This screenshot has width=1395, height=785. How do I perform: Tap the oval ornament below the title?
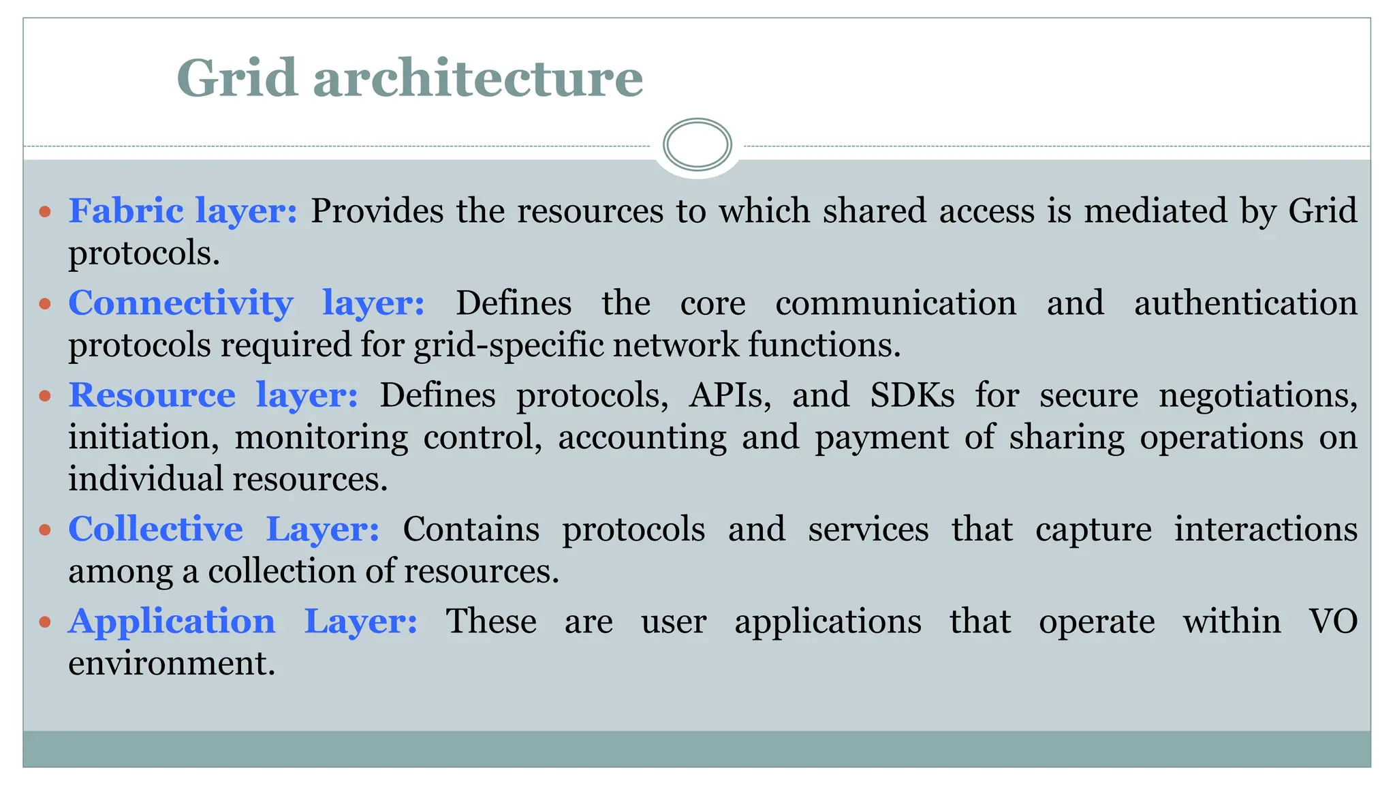(697, 144)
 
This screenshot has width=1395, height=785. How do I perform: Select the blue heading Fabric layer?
(183, 211)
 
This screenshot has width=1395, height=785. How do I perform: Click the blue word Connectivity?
(181, 303)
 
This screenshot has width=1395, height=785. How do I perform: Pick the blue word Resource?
(152, 395)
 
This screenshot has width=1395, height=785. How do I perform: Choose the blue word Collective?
(155, 529)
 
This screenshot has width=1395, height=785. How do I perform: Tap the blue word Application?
(172, 621)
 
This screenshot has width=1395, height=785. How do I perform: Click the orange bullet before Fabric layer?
(46, 212)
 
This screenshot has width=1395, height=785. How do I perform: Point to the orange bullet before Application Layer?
(46, 622)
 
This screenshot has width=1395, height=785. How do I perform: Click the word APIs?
(730, 395)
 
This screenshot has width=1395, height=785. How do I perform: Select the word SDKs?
(912, 395)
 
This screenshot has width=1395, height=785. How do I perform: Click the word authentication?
(1245, 303)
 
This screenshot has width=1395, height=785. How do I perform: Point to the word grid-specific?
(508, 345)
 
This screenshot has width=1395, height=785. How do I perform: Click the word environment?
(172, 664)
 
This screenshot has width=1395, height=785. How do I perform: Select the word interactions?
(1265, 529)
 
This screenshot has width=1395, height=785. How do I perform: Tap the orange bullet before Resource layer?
(46, 396)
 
